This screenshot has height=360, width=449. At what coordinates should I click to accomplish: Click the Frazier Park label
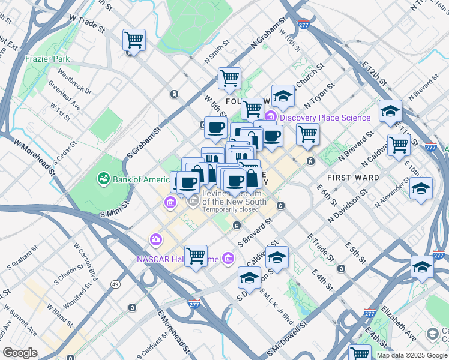click(x=47, y=59)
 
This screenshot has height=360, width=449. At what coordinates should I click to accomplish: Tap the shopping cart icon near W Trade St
click(x=134, y=41)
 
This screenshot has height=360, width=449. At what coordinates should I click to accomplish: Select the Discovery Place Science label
click(x=325, y=118)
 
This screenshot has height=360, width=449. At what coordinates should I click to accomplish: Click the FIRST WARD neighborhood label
click(x=353, y=178)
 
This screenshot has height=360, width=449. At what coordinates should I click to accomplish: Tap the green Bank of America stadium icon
click(x=103, y=179)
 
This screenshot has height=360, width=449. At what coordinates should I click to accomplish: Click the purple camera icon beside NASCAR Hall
click(x=156, y=241)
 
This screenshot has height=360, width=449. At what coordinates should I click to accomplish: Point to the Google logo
click(x=20, y=353)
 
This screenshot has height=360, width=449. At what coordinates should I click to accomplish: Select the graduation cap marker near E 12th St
click(x=390, y=111)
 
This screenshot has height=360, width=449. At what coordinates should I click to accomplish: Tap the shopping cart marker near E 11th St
click(x=399, y=144)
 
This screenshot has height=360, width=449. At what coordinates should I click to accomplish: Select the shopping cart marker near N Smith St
click(x=229, y=77)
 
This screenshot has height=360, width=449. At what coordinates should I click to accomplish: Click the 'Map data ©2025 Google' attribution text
click(x=411, y=355)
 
